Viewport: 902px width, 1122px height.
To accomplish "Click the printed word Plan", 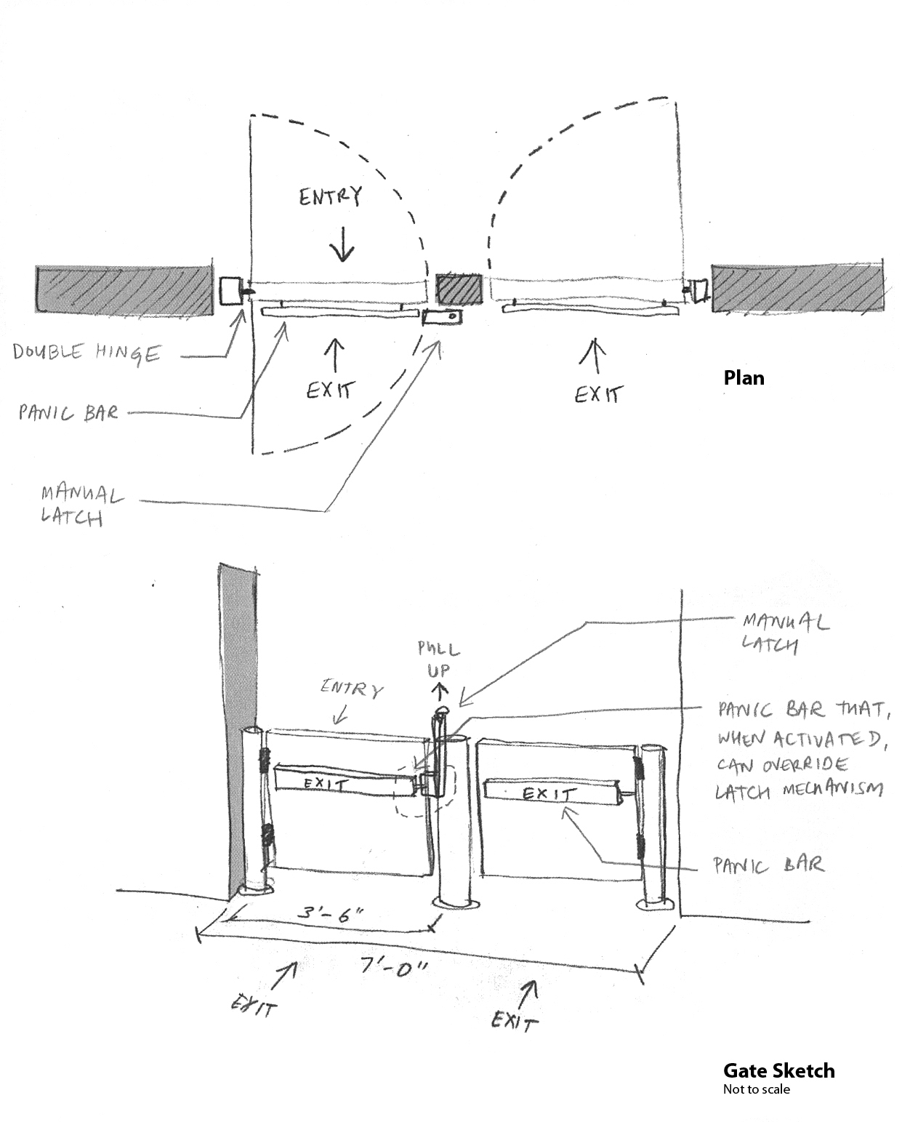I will click(744, 378).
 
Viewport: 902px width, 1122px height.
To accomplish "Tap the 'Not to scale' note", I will click(756, 1089).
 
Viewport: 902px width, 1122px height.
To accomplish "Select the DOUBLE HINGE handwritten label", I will click(86, 353).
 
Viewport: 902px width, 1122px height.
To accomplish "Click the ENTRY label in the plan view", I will click(330, 196).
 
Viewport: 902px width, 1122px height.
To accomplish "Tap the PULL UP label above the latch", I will click(438, 658).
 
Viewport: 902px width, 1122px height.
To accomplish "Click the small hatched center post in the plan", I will click(459, 288).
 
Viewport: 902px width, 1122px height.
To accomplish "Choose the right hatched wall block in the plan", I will click(797, 288).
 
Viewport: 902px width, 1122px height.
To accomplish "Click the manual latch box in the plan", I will click(441, 317).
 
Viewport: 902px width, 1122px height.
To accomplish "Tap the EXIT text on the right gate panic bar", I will click(546, 793).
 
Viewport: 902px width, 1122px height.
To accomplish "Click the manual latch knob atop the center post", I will click(442, 710).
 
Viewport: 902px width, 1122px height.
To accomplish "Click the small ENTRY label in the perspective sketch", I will click(352, 689).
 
